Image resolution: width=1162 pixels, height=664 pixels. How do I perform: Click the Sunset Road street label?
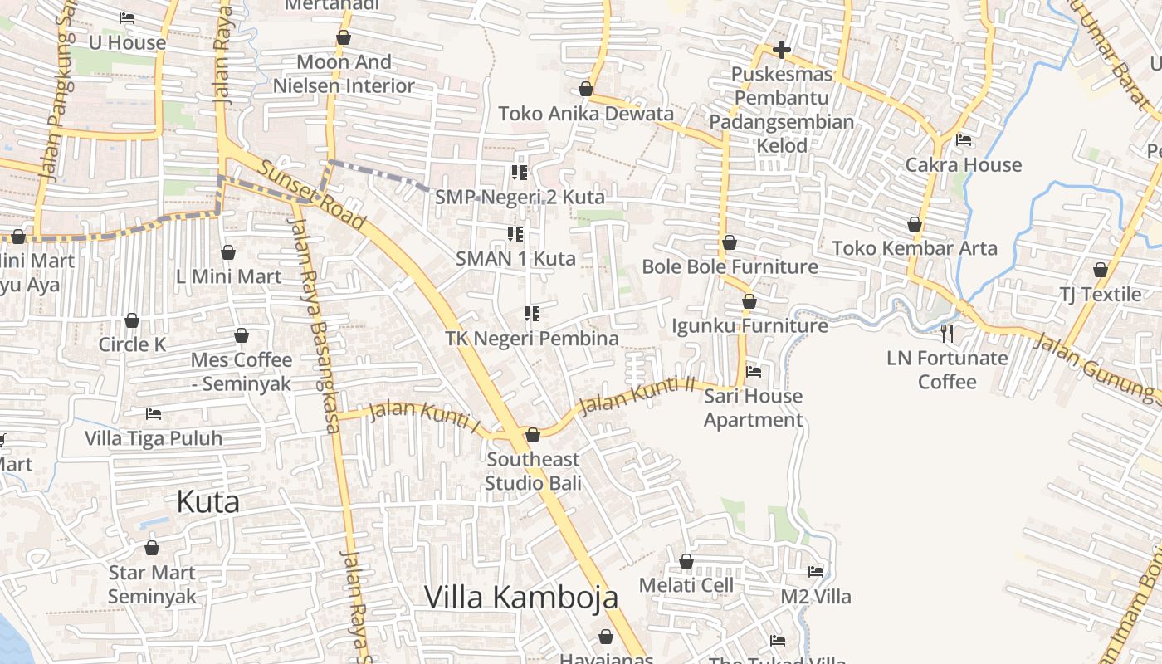click(311, 196)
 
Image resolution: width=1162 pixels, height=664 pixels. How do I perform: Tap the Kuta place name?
click(208, 502)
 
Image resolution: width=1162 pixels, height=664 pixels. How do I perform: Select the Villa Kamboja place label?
click(521, 597)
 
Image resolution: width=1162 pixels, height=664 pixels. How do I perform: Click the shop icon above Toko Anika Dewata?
click(586, 89)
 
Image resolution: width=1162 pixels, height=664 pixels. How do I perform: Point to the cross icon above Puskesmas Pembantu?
click(781, 50)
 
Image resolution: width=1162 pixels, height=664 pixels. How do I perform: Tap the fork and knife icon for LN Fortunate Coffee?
click(946, 334)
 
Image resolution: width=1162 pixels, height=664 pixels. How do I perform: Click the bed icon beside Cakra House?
click(964, 140)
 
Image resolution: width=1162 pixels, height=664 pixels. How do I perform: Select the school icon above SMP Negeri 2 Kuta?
click(520, 173)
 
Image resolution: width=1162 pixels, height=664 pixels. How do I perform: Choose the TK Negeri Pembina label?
click(532, 339)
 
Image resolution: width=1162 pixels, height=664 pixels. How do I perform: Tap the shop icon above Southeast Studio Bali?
click(533, 435)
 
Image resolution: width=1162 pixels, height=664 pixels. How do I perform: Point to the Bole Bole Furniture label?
click(730, 266)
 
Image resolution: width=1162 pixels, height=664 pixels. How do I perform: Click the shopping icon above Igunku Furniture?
click(749, 301)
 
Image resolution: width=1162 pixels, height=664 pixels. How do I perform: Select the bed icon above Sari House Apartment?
click(754, 372)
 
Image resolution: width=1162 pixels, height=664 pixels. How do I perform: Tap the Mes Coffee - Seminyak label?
click(242, 372)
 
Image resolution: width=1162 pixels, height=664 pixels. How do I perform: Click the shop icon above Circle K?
click(132, 320)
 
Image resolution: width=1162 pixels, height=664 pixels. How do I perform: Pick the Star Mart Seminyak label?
click(152, 584)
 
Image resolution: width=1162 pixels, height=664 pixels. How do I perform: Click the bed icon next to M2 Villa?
click(816, 572)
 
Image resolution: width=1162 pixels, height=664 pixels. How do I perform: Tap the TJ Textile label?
click(1100, 295)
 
